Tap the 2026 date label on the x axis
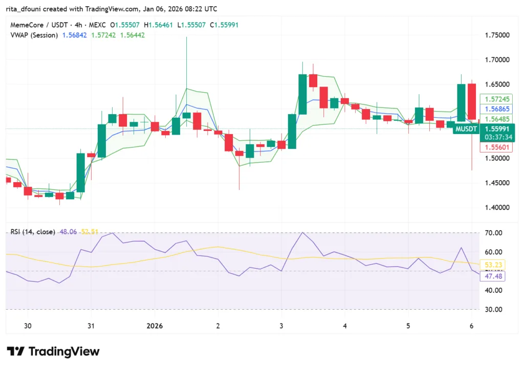pos(155,326)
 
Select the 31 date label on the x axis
pos(91,326)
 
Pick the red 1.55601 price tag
pos(493,147)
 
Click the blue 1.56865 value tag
pos(493,109)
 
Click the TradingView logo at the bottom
pos(53,352)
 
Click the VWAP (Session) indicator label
pos(34,35)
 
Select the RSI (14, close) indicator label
pos(33,232)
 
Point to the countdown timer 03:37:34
pos(493,137)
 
